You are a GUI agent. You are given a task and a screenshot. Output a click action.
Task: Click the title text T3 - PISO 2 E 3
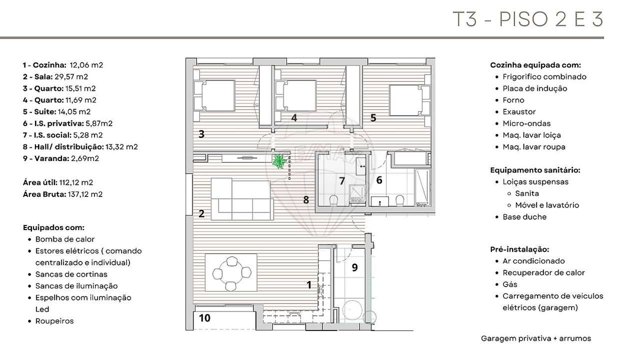pos(527,19)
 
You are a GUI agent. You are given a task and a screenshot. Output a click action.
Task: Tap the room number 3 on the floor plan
pos(201,134)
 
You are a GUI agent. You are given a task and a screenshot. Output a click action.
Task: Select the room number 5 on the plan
pos(373,118)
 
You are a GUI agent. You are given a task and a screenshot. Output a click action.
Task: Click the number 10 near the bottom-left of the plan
pos(204,318)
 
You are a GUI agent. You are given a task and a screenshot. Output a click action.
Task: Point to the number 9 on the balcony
pos(354,267)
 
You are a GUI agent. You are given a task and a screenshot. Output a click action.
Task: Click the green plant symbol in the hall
pos(279,161)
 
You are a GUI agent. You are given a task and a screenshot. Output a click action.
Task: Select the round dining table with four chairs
pos(231,273)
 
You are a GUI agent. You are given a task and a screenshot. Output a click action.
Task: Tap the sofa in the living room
pos(242,199)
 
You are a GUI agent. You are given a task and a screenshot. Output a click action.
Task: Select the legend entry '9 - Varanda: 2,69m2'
pos(60,158)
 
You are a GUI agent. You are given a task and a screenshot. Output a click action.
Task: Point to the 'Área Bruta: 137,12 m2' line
pos(62,194)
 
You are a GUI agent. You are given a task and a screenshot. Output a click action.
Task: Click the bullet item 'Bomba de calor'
pos(65,239)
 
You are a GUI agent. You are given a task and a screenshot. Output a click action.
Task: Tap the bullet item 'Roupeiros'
pos(54,321)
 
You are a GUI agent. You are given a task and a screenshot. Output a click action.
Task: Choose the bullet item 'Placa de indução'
pos(535,88)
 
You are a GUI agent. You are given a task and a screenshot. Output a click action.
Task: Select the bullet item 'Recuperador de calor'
pos(543,272)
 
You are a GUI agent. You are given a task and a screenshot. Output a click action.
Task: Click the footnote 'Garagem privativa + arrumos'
pos(535,338)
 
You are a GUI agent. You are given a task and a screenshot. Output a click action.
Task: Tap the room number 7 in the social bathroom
pos(342,181)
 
